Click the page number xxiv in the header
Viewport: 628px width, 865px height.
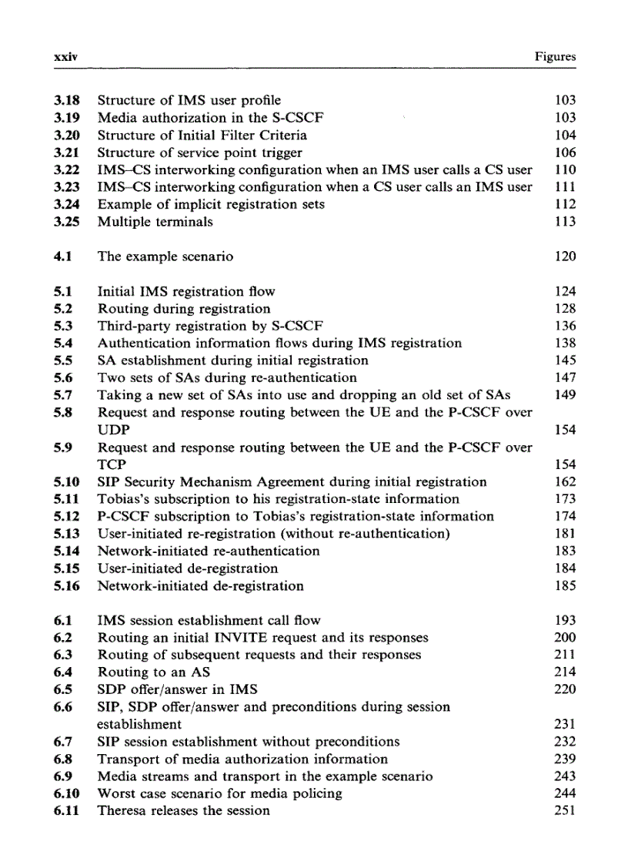point(62,56)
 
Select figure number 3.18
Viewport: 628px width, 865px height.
point(67,100)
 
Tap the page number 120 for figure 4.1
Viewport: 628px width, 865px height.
point(565,256)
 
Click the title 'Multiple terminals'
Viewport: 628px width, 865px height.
point(155,222)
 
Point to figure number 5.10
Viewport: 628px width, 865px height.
point(67,482)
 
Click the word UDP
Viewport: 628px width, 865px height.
point(113,430)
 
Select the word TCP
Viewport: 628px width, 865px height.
point(112,464)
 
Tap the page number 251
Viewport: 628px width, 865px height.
point(565,810)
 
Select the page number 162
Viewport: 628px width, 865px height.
point(565,482)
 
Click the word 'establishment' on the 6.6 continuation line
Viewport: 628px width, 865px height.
point(139,724)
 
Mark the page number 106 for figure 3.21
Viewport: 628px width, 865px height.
point(565,153)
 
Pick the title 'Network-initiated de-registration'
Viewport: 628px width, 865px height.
point(200,586)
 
